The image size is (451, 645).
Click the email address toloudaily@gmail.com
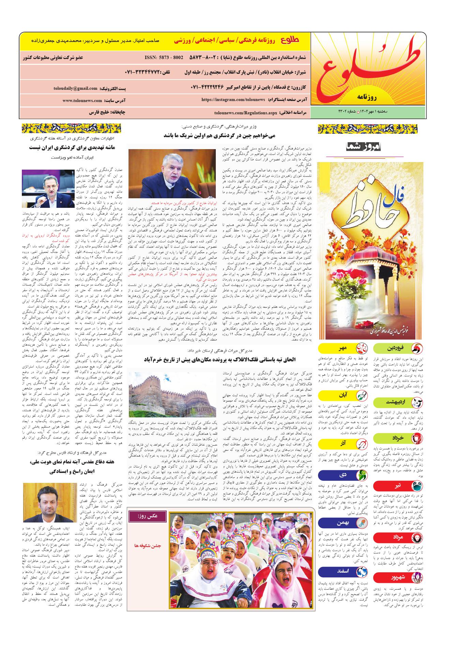point(75,88)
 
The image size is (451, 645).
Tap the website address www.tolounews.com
point(82,101)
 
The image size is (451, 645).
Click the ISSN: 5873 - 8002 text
point(164,57)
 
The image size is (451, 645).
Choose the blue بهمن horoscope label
point(343,522)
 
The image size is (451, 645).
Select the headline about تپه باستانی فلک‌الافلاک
point(220,359)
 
